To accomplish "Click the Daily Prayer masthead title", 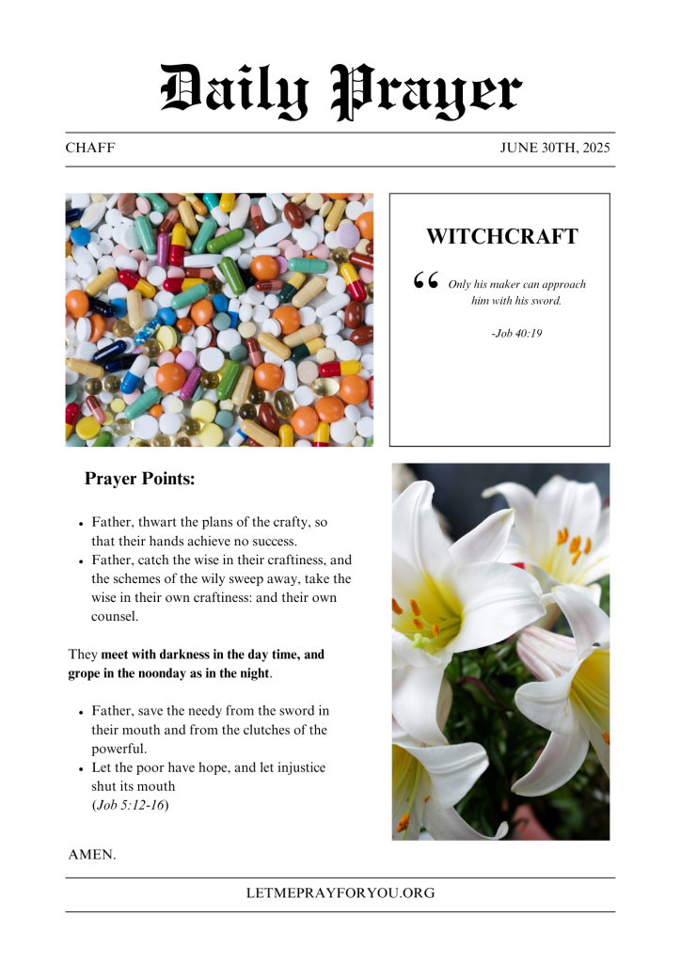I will (x=340, y=91).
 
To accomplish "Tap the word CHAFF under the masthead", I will (x=90, y=149).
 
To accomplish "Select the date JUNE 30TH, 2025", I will (x=555, y=149).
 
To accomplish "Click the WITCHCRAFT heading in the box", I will (x=501, y=236).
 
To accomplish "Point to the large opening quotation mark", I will (x=425, y=282).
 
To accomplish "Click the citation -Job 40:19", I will (x=516, y=333).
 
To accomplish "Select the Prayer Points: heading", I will (x=139, y=479).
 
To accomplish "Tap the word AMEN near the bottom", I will (x=90, y=855).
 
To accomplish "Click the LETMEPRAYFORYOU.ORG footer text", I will (x=340, y=893).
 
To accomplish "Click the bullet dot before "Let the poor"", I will (x=82, y=769).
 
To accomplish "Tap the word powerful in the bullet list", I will (x=119, y=749).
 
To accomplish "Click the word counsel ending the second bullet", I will (x=114, y=616).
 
